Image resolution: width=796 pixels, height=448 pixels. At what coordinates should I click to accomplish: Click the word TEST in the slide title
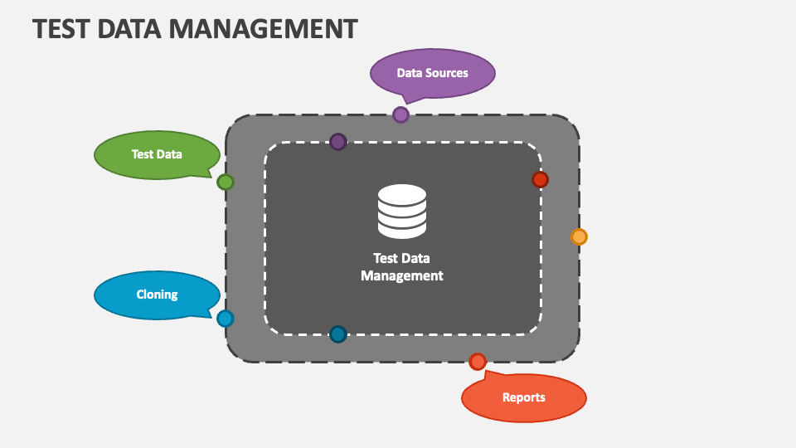pyautogui.click(x=61, y=28)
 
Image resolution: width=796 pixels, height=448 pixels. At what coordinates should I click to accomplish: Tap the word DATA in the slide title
pyautogui.click(x=136, y=28)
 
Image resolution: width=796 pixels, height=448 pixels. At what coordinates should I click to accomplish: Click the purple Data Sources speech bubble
pyautogui.click(x=432, y=73)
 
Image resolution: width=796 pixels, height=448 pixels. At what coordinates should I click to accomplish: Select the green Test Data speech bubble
pyautogui.click(x=157, y=154)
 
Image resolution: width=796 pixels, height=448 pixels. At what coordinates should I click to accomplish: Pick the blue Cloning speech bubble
pyautogui.click(x=157, y=295)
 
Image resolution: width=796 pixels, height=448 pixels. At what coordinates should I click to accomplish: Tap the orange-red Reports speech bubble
pyautogui.click(x=523, y=397)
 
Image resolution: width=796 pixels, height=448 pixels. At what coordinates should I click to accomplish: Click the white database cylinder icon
pyautogui.click(x=402, y=212)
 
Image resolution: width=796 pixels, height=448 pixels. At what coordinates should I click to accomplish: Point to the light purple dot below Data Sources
pyautogui.click(x=400, y=114)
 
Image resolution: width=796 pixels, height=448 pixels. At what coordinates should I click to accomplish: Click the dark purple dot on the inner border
pyautogui.click(x=337, y=142)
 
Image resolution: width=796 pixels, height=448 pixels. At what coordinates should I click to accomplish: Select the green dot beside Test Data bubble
pyautogui.click(x=226, y=183)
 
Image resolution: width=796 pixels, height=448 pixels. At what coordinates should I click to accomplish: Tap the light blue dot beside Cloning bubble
pyautogui.click(x=226, y=319)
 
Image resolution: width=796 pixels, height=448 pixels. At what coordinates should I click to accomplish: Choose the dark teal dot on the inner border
pyautogui.click(x=337, y=334)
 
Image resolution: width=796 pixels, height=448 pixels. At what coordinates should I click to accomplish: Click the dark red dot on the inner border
pyautogui.click(x=540, y=180)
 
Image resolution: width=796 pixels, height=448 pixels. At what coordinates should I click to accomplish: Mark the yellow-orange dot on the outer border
pyautogui.click(x=579, y=236)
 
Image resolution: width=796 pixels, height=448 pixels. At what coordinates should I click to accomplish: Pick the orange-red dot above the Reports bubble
pyautogui.click(x=478, y=362)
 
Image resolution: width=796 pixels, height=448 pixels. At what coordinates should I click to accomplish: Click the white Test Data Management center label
pyautogui.click(x=402, y=267)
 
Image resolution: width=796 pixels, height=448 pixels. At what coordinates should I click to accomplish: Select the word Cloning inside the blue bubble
pyautogui.click(x=157, y=295)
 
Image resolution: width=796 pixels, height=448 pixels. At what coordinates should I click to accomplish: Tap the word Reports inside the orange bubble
pyautogui.click(x=523, y=397)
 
